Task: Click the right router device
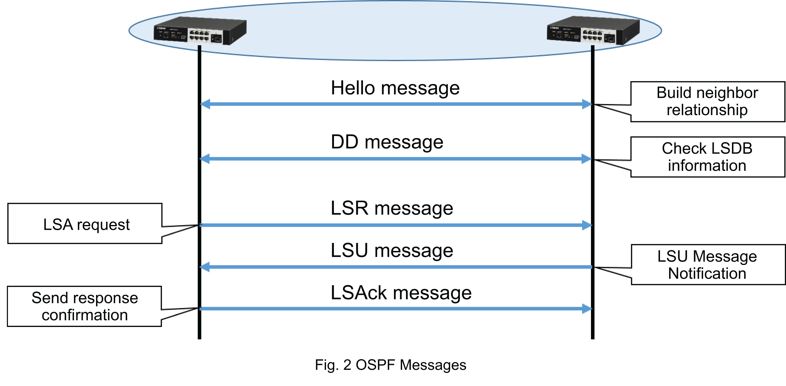(593, 31)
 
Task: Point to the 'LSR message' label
(392, 208)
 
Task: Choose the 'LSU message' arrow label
(392, 251)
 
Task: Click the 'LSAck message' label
(401, 293)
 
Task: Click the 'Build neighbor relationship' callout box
(707, 101)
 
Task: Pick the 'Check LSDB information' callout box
(707, 157)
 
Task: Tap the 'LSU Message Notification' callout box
(707, 265)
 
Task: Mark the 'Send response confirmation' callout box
(85, 306)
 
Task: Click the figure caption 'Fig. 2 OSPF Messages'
(390, 365)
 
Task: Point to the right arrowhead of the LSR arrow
(587, 225)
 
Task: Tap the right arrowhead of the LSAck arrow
(587, 308)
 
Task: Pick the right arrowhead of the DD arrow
(587, 159)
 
